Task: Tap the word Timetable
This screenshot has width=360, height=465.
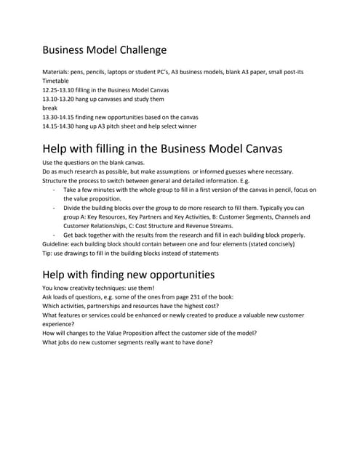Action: (58, 81)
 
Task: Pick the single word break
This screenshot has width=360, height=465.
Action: (51, 108)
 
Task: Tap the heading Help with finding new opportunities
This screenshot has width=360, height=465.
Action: (128, 274)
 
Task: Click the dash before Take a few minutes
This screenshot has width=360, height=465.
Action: (55, 189)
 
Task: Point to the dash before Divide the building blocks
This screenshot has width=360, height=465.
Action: (55, 207)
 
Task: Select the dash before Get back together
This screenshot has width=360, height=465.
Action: (55, 234)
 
